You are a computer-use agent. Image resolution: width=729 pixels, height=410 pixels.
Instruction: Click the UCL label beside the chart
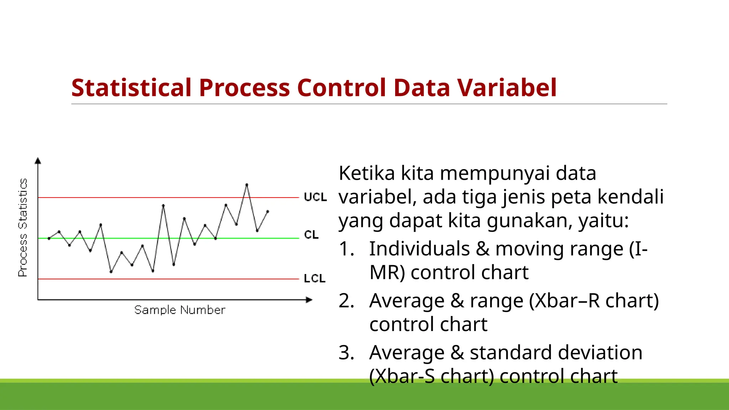click(315, 197)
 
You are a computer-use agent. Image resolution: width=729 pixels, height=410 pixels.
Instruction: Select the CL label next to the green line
click(311, 235)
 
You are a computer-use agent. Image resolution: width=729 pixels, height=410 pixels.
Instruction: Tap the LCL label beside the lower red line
click(315, 278)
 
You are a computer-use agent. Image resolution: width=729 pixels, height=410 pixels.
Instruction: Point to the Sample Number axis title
click(180, 310)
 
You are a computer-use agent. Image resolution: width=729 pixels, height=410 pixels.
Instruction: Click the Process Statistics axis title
click(23, 228)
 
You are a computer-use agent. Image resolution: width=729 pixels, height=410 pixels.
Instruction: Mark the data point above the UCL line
click(247, 184)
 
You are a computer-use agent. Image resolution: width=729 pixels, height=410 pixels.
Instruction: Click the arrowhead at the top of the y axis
click(38, 161)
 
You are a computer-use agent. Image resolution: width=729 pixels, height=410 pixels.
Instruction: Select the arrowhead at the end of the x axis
click(309, 300)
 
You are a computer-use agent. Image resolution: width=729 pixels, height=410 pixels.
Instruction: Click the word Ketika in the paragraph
click(367, 173)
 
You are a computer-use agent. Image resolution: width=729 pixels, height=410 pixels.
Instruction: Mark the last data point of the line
click(268, 211)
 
